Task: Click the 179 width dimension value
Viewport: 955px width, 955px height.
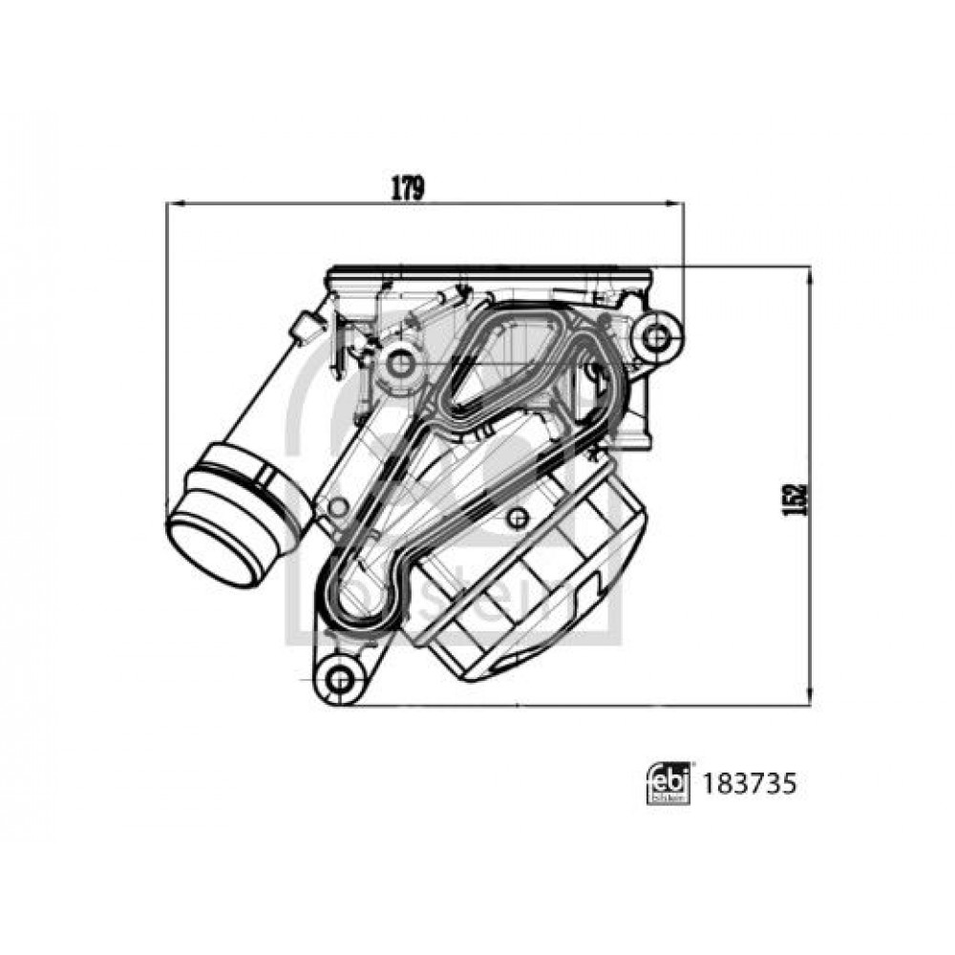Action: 407,188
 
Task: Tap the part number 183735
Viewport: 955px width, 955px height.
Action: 750,784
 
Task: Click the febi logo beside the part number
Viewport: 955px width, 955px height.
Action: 668,784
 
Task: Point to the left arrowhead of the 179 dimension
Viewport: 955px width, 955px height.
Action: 176,203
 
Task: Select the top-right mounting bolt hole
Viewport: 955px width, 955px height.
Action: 655,336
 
